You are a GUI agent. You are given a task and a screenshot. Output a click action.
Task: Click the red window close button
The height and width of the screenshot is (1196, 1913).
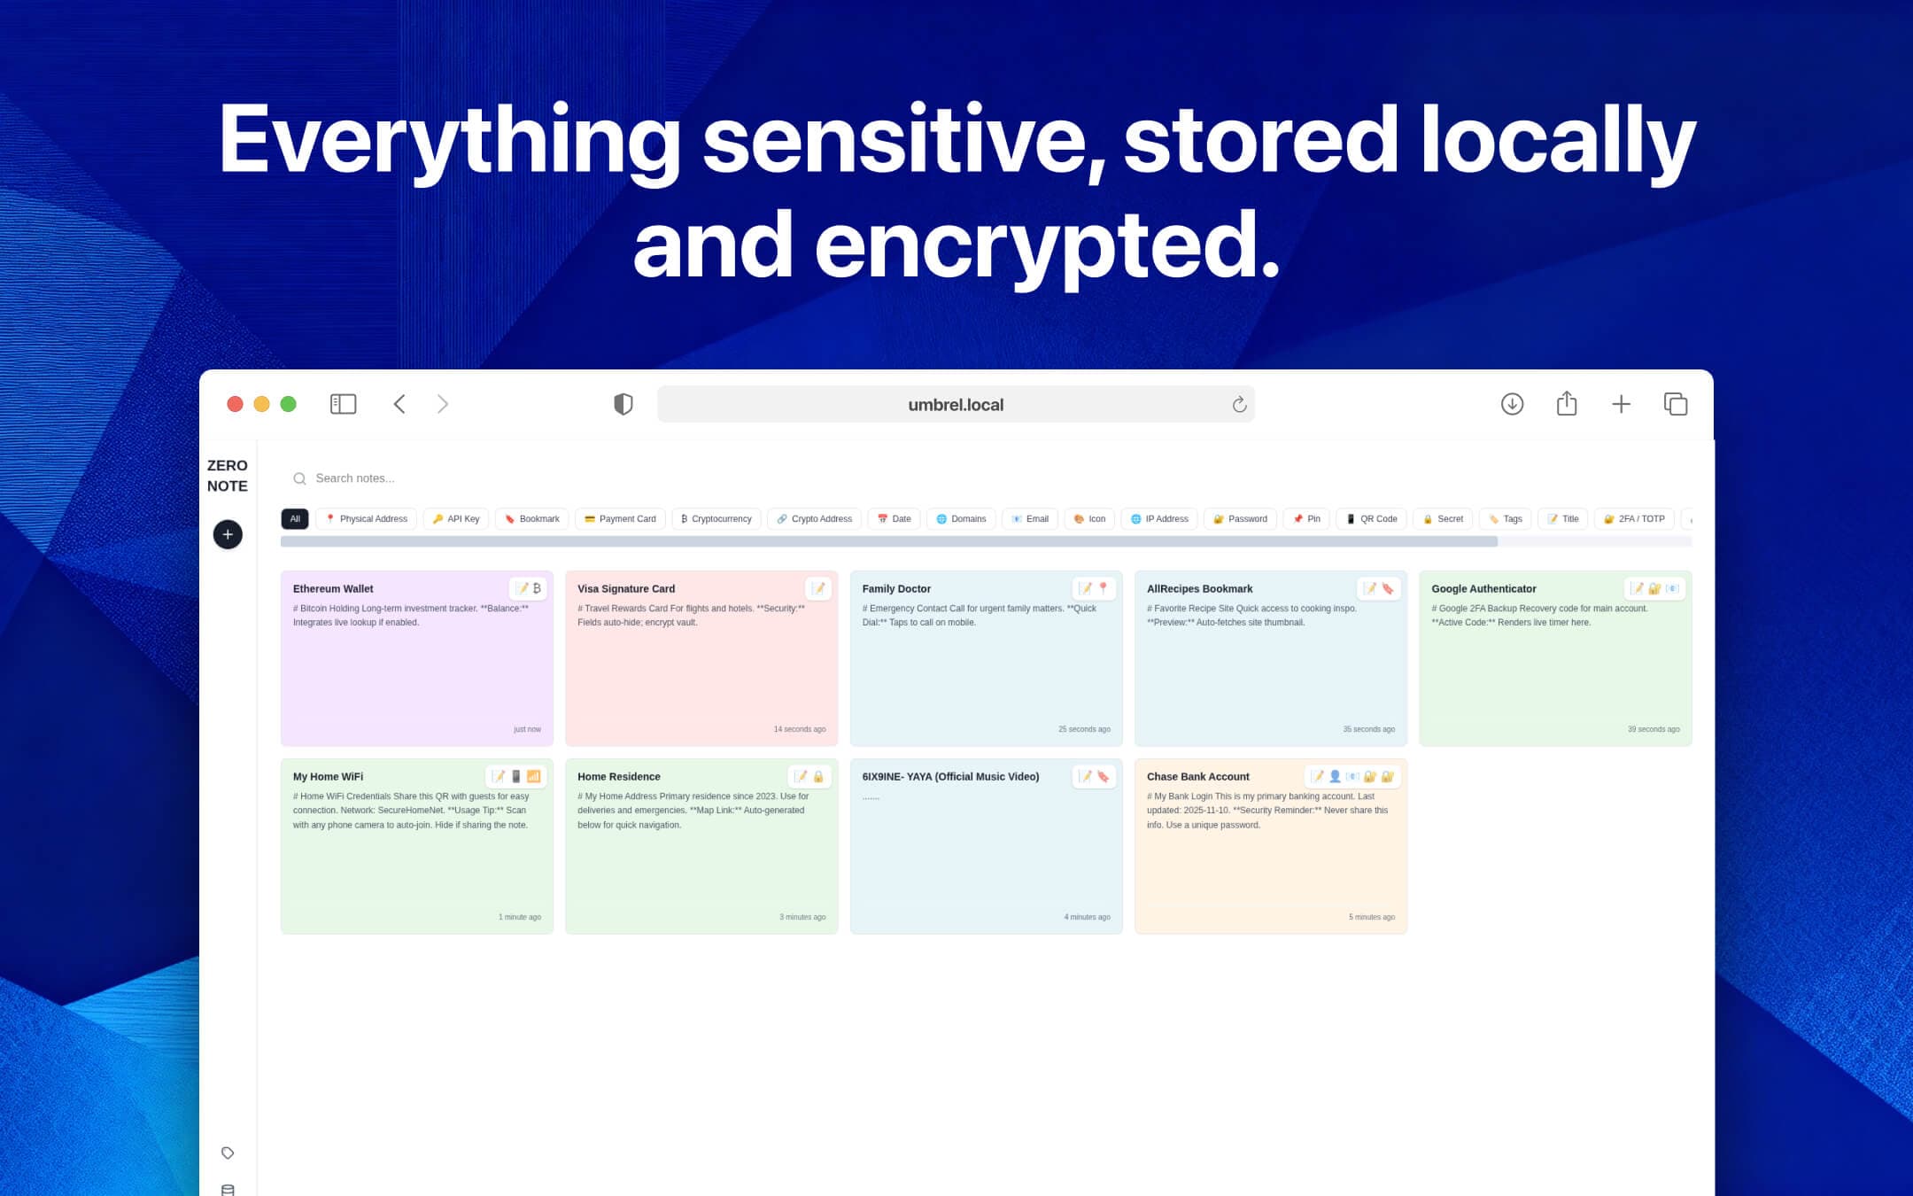pyautogui.click(x=235, y=404)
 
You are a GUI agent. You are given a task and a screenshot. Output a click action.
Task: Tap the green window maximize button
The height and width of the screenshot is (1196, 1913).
pyautogui.click(x=288, y=404)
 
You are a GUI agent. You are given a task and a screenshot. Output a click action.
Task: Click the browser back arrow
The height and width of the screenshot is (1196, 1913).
pyautogui.click(x=399, y=404)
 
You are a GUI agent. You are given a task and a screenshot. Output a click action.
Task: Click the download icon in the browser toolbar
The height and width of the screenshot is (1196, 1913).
pyautogui.click(x=1512, y=404)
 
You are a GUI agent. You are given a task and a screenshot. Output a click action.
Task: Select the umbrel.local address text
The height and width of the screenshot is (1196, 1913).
pyautogui.click(x=956, y=405)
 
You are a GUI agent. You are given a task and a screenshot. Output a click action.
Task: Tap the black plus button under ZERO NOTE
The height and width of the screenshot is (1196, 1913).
pyautogui.click(x=228, y=534)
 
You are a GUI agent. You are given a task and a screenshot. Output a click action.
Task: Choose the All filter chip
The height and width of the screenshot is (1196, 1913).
pyautogui.click(x=295, y=519)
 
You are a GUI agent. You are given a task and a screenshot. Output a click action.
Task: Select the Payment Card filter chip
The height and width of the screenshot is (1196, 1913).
pyautogui.click(x=620, y=519)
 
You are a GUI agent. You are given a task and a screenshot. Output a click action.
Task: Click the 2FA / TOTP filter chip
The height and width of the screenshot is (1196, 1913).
pyautogui.click(x=1634, y=519)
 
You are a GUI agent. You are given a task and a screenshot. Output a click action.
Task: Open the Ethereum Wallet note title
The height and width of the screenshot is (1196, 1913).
pyautogui.click(x=333, y=589)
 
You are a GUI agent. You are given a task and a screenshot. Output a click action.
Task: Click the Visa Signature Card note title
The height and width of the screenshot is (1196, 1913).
pyautogui.click(x=626, y=589)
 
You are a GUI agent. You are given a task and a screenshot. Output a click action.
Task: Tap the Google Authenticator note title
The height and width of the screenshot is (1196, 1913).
pyautogui.click(x=1483, y=589)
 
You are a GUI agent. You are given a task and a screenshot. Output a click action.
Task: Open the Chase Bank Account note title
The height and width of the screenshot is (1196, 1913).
pyautogui.click(x=1197, y=777)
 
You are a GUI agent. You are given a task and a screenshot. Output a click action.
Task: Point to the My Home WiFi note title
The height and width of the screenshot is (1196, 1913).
pyautogui.click(x=328, y=777)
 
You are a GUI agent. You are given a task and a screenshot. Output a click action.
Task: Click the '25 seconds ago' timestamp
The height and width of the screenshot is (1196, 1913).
pyautogui.click(x=1084, y=730)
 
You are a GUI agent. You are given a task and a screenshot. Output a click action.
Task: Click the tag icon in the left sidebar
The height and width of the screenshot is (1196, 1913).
pyautogui.click(x=228, y=1153)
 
